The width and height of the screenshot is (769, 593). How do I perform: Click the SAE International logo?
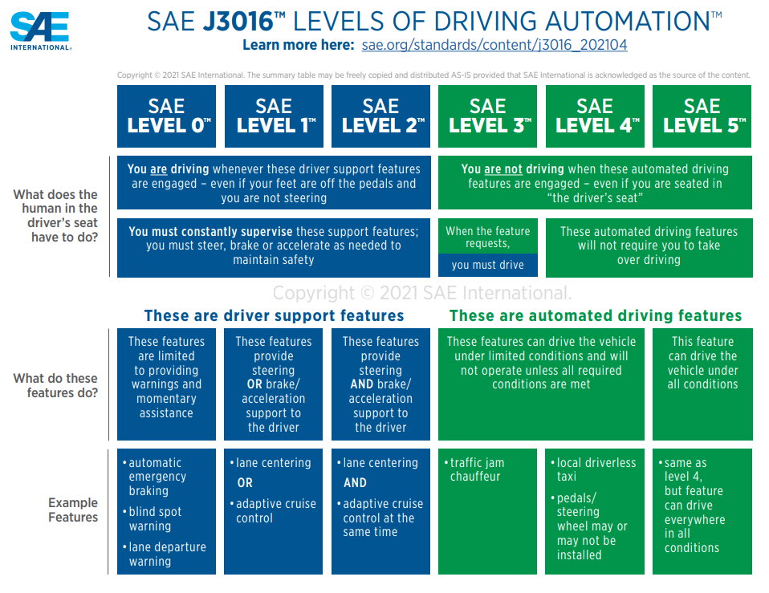point(40,30)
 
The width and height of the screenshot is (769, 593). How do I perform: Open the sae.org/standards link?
point(494,45)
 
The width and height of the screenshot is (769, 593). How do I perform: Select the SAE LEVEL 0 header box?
point(166,116)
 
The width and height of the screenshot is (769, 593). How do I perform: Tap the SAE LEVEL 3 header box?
point(487,116)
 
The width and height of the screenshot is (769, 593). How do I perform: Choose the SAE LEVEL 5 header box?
point(702,116)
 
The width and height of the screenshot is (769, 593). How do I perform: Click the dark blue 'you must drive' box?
point(487,265)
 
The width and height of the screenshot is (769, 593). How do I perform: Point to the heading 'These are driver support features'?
point(274,315)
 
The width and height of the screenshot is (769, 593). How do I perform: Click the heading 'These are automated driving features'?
point(596,315)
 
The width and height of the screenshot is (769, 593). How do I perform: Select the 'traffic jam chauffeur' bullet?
point(477,469)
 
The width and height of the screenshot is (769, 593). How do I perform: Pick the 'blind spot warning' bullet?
point(156,519)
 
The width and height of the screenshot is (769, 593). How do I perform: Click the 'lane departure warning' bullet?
point(167,554)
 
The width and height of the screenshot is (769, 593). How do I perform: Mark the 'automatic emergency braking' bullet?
point(156,477)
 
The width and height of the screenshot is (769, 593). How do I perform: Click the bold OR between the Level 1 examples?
point(245,483)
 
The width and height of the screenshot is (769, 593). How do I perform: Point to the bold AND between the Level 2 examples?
point(355,483)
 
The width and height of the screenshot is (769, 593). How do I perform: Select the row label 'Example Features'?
point(72,510)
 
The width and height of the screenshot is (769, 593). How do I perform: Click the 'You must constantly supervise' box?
point(273,246)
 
